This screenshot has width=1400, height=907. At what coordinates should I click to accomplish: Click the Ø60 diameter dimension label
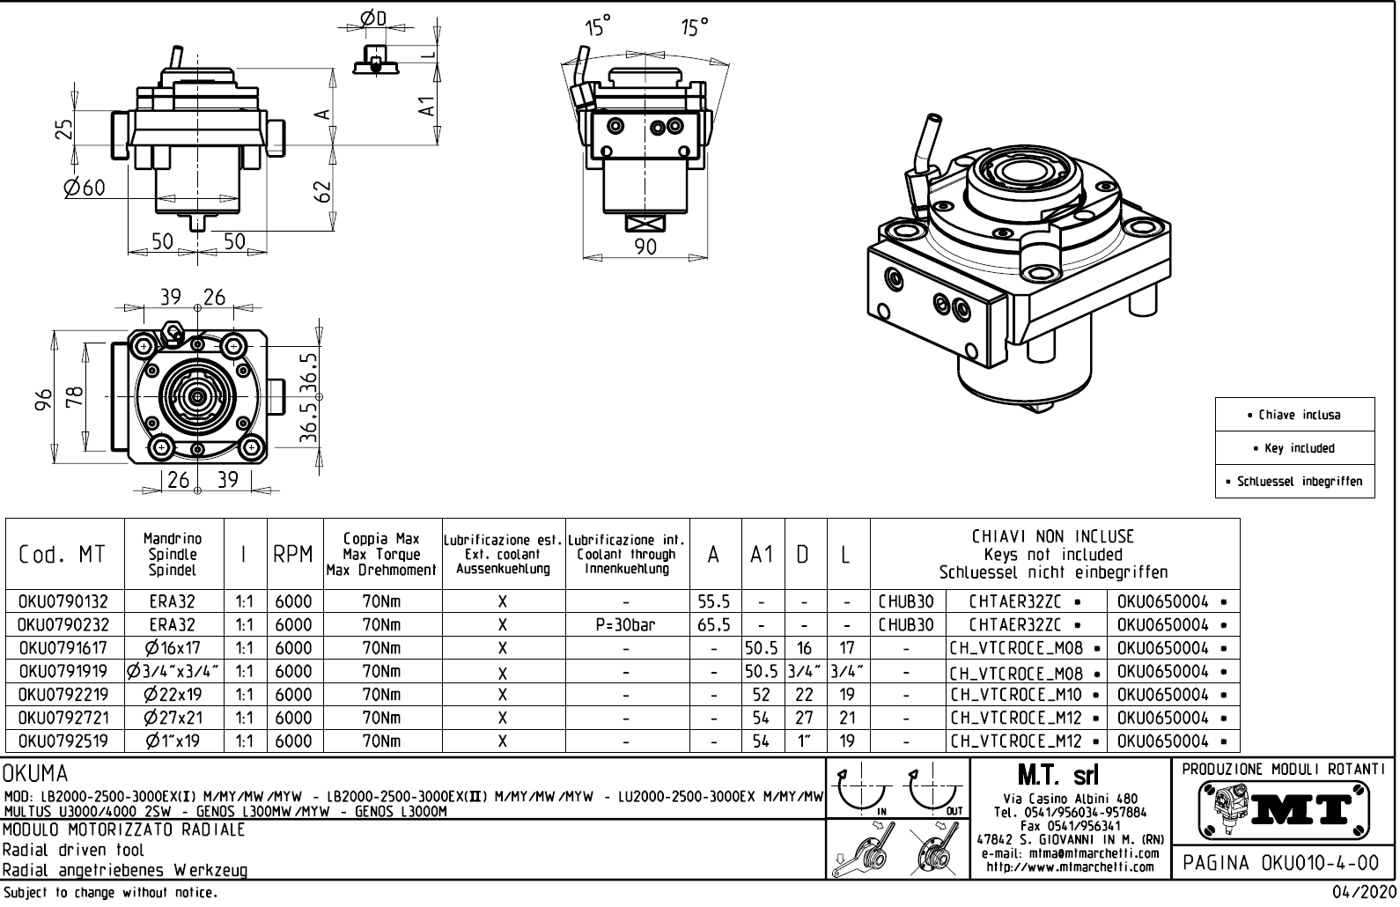[85, 188]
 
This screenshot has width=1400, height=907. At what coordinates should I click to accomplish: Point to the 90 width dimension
[645, 247]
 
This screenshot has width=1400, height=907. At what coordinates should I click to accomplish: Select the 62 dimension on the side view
[323, 191]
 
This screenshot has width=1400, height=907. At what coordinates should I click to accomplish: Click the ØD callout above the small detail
[373, 18]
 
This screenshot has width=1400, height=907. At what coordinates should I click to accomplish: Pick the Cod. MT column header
[62, 555]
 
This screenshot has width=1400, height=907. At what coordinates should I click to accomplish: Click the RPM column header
[293, 555]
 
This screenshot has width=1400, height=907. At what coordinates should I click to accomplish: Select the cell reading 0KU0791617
[63, 648]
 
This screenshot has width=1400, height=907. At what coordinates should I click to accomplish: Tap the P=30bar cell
[625, 625]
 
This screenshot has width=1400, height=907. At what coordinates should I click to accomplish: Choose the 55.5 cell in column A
[713, 601]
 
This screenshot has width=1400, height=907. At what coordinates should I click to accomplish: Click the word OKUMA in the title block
[35, 774]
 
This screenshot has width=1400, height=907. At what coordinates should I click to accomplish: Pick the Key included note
[1294, 448]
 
